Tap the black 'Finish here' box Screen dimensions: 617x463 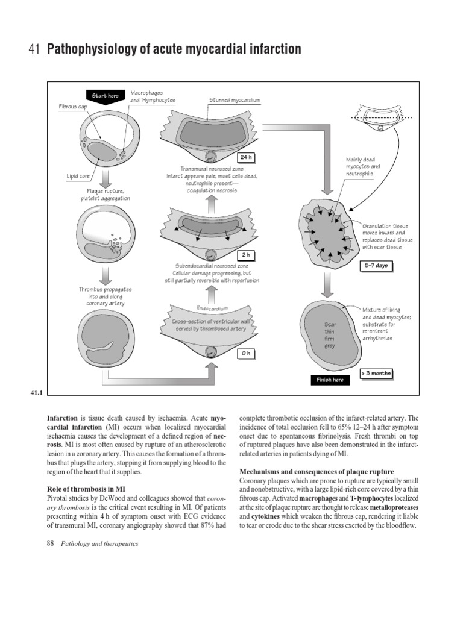click(x=329, y=380)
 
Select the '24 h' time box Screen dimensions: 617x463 click(x=245, y=157)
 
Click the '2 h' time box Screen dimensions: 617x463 click(x=245, y=255)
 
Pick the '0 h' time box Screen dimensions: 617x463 click(x=245, y=353)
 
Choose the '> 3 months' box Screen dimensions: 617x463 click(x=376, y=374)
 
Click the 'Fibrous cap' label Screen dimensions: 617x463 click(x=74, y=106)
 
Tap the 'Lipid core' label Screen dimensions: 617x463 click(x=78, y=176)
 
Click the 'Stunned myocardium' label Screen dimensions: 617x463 click(x=235, y=100)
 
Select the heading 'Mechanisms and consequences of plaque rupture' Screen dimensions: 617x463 click(x=317, y=471)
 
